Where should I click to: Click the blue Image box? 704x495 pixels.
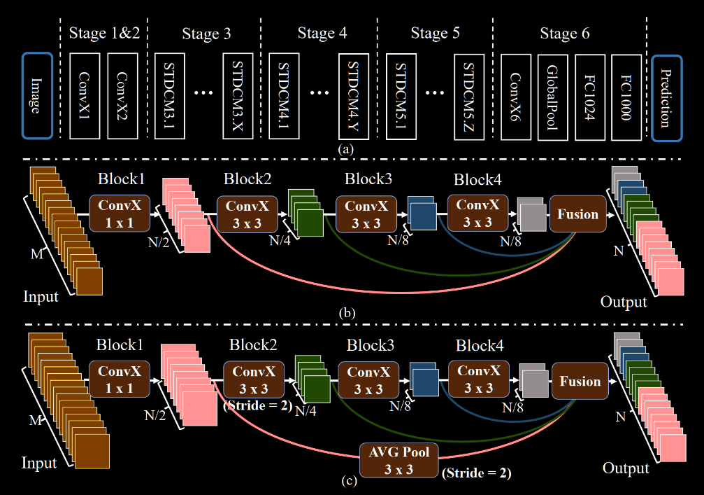click(x=37, y=96)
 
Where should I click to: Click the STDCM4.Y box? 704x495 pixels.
click(x=353, y=96)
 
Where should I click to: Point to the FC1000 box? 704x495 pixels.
click(x=626, y=96)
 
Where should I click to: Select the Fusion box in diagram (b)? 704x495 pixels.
click(x=577, y=214)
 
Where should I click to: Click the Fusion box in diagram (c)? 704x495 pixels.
click(x=580, y=382)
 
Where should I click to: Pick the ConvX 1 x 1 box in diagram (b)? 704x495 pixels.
click(x=119, y=214)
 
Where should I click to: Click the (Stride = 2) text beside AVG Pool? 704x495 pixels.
click(x=476, y=474)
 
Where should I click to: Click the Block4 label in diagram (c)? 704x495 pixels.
click(x=480, y=345)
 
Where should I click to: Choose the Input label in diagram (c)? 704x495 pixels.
click(x=40, y=463)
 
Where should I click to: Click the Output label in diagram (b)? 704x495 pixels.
click(x=624, y=302)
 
